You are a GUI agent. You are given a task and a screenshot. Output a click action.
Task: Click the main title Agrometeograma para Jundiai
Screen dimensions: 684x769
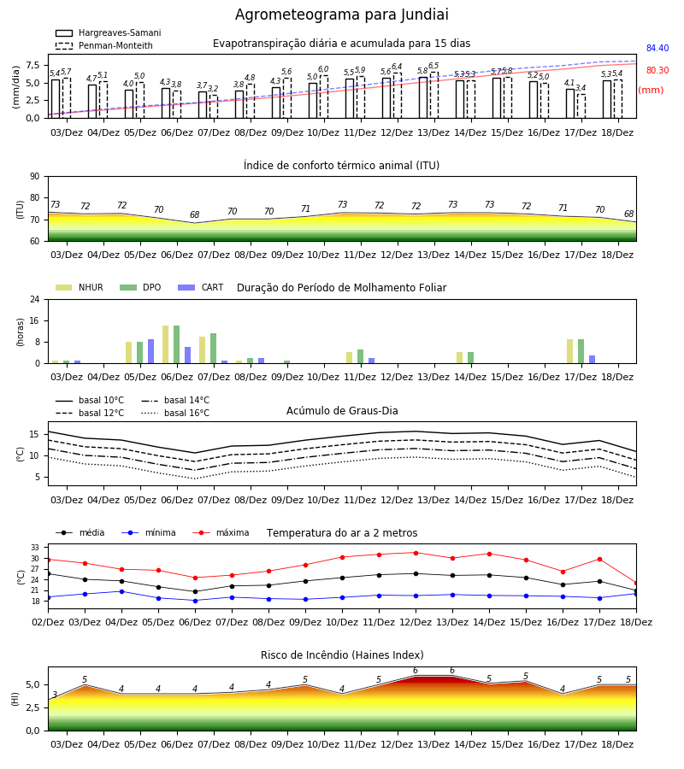[x=341, y=15]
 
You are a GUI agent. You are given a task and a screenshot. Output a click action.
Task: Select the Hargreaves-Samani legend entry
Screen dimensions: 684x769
[x=109, y=32]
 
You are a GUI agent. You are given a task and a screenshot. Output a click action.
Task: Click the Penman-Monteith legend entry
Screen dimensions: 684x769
[x=104, y=45]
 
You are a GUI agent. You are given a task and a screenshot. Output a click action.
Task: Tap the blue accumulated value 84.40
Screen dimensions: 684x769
[x=657, y=48]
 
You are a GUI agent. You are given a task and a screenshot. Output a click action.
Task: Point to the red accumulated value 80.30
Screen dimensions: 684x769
[x=657, y=70]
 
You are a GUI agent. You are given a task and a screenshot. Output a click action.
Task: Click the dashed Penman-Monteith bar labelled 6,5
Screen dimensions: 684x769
[x=434, y=95]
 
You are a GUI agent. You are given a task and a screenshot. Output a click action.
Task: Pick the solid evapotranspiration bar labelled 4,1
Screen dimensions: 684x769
[x=570, y=103]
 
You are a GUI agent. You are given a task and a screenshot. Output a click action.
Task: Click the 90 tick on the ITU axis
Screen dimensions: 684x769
[x=35, y=177]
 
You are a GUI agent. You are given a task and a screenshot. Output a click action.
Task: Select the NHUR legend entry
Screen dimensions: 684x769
[x=80, y=287]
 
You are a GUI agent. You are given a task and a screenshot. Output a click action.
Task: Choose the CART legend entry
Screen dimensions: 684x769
[x=201, y=287]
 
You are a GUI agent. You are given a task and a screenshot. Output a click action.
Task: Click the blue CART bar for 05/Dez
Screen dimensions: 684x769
[x=151, y=351]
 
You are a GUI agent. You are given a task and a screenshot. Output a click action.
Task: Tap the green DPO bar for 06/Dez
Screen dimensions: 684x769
[x=177, y=344]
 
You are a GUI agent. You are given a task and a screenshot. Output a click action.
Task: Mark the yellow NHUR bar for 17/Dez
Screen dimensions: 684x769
[x=569, y=351]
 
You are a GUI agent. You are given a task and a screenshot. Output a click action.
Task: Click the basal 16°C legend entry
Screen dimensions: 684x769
[x=175, y=413]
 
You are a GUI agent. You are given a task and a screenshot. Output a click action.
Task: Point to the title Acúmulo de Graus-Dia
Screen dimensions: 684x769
[x=342, y=411]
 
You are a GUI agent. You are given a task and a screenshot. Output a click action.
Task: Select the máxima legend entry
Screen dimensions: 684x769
[x=221, y=532]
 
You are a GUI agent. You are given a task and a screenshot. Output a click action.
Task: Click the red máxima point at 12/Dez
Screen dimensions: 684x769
[x=416, y=553]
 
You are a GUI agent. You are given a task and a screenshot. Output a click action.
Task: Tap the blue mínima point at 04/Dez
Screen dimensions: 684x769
[x=121, y=591]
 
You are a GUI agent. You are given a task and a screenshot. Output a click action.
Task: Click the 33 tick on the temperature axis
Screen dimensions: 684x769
[x=35, y=548]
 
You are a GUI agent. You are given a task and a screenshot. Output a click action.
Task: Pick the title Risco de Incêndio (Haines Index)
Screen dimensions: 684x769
[x=342, y=655]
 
